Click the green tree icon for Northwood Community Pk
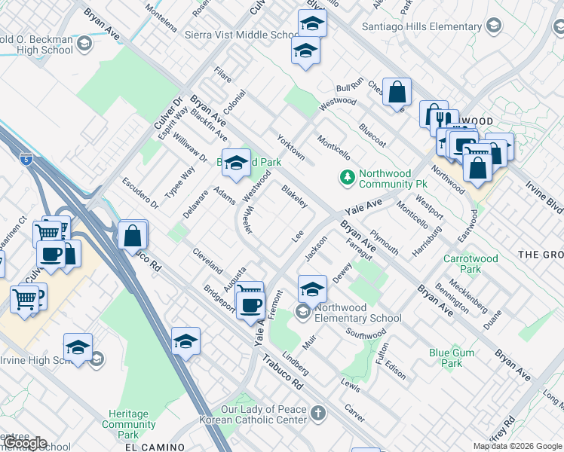point(347,178)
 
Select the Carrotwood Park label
point(471,264)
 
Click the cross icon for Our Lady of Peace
point(318,413)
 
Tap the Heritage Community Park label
point(128,424)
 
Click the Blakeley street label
point(294,197)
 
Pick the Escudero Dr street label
point(140,194)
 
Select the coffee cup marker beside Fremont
point(250,305)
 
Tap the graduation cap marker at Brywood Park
point(236,163)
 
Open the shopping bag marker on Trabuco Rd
point(133,235)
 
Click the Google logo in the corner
point(25,443)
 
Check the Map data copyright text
point(517,446)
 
